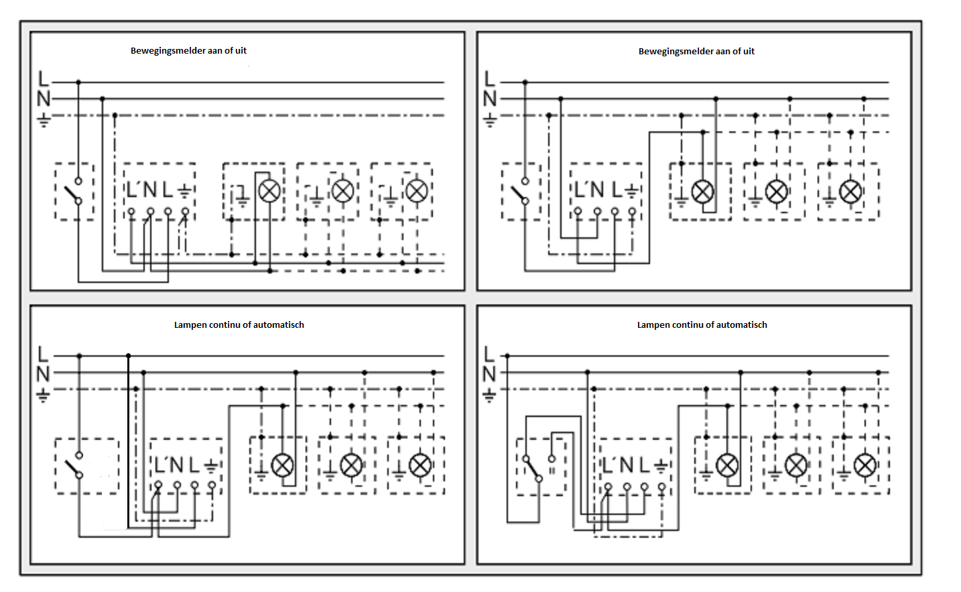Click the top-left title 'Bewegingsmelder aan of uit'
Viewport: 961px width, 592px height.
click(x=188, y=51)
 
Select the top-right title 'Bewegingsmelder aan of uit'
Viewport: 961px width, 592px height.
click(x=696, y=52)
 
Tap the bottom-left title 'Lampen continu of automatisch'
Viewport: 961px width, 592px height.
click(x=239, y=325)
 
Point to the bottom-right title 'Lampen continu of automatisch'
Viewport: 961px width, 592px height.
click(x=702, y=325)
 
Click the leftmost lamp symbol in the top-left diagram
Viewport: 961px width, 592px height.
click(x=269, y=191)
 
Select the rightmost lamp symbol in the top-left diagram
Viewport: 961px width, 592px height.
click(x=417, y=191)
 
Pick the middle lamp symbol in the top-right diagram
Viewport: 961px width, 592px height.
click(x=777, y=192)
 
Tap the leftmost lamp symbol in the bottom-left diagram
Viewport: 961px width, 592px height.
click(x=282, y=465)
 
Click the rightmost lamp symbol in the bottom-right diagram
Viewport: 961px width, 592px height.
click(x=864, y=465)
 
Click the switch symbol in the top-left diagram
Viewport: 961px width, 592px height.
click(x=73, y=192)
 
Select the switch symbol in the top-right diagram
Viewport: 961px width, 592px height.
click(x=520, y=192)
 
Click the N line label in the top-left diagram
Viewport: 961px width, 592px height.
click(x=44, y=99)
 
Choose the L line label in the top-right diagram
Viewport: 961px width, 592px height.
click(x=490, y=79)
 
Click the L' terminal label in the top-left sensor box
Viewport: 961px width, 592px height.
click(x=133, y=190)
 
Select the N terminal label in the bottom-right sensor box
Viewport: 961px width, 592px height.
click(x=626, y=465)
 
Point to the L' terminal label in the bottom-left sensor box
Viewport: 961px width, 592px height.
click(x=161, y=465)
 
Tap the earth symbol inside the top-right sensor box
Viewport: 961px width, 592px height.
click(x=631, y=190)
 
